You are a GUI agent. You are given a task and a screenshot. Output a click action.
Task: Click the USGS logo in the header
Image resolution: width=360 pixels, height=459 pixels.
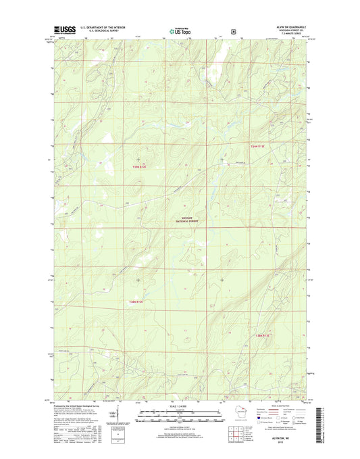coord(61,30)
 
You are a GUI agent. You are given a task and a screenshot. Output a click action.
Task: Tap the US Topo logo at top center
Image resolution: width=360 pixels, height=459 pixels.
coord(180,30)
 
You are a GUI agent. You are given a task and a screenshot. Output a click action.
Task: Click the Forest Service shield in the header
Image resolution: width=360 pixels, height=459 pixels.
coord(233,30)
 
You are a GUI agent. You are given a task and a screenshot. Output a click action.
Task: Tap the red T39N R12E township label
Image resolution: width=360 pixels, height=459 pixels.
coord(139,166)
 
